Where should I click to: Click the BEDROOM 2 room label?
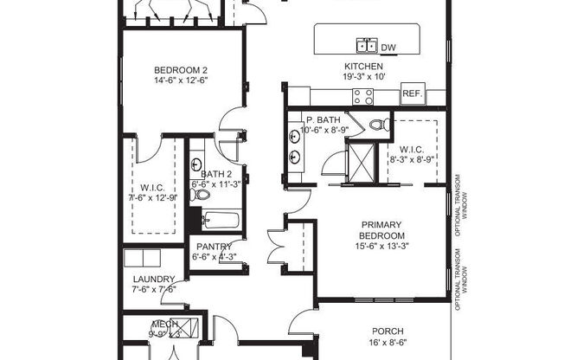coord(181,70)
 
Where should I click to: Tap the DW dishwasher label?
coord(388,47)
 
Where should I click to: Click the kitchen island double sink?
coord(366,46)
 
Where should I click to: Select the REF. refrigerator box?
coord(412,94)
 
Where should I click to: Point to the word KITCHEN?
coord(363,66)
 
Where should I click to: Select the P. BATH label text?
coord(320,119)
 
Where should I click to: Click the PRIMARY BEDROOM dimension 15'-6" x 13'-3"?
coord(382,247)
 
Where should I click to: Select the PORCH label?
coord(388,331)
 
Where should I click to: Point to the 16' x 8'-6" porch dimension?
coord(388,342)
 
